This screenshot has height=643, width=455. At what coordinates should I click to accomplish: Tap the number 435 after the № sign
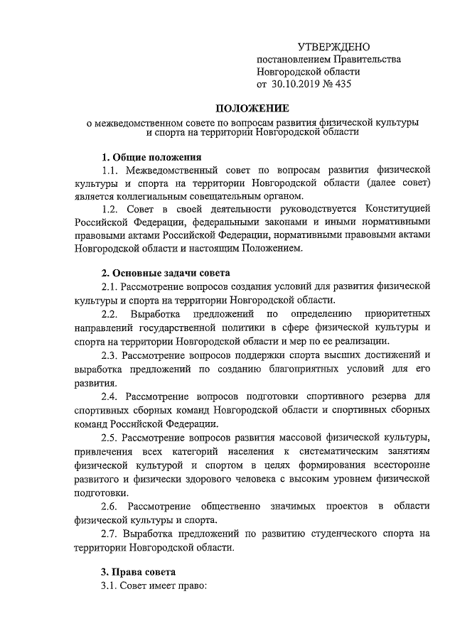342,85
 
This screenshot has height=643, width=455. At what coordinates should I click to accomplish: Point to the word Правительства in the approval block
366,60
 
